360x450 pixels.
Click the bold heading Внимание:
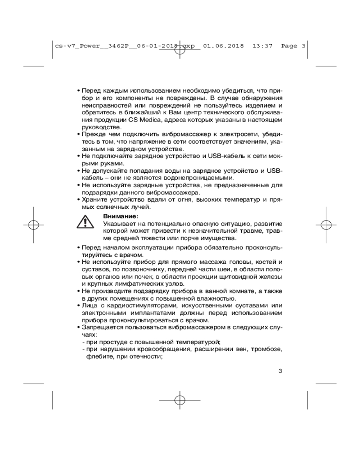pyautogui.click(x=121, y=216)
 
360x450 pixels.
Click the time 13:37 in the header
pyautogui.click(x=262, y=45)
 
